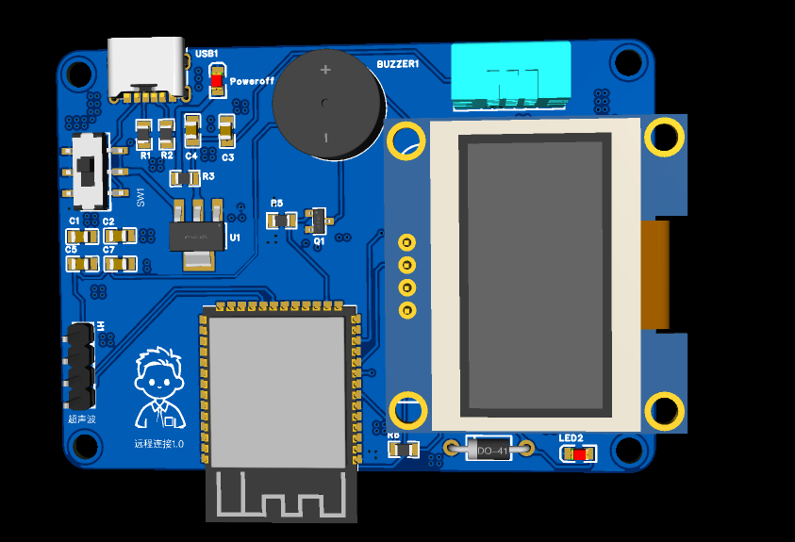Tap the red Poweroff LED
(x=217, y=81)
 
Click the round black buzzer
(x=326, y=104)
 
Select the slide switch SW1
(x=91, y=171)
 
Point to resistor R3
(x=185, y=177)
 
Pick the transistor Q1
(x=318, y=221)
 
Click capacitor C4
(x=192, y=130)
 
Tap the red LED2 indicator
(x=578, y=454)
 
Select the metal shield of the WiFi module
(x=276, y=386)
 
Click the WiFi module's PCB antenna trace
(x=281, y=494)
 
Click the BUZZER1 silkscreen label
(x=397, y=64)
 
